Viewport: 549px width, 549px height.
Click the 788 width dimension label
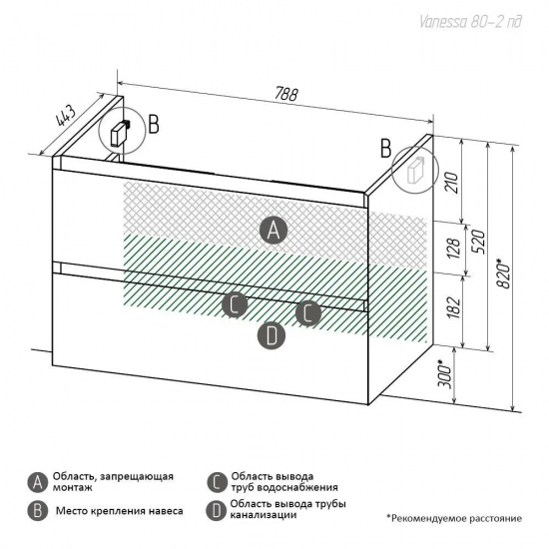click(286, 94)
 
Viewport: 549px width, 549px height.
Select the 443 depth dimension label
click(66, 116)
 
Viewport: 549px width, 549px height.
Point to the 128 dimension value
click(454, 249)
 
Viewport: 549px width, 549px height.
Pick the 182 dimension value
click(453, 307)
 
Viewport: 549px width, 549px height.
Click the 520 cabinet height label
click(478, 242)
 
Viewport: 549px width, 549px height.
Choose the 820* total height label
click(504, 274)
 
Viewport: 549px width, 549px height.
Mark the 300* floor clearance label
click(445, 374)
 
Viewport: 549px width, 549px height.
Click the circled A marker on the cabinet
click(274, 231)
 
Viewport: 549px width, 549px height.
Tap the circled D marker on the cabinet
click(272, 335)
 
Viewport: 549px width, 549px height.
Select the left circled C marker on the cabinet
click(235, 304)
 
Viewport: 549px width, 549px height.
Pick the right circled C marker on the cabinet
click(308, 312)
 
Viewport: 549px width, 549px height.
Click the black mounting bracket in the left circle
click(120, 134)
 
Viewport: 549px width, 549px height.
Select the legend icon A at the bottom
click(38, 483)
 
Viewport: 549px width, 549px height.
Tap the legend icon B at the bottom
click(38, 511)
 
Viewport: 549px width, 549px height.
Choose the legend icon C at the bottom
click(217, 483)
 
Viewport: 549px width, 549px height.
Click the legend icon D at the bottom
click(217, 511)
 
